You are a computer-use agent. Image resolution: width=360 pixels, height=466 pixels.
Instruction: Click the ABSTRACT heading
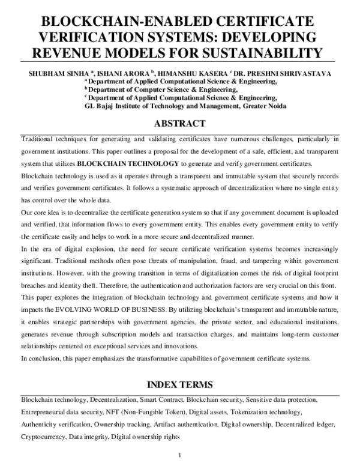tap(180, 124)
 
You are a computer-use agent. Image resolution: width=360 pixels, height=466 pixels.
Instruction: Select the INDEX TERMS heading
tap(180, 384)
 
